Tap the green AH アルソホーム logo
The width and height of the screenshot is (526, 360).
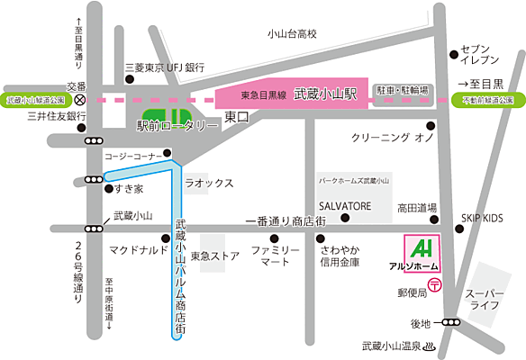(421, 248)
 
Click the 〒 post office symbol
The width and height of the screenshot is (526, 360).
(434, 284)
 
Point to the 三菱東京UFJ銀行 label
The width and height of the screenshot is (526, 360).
(165, 67)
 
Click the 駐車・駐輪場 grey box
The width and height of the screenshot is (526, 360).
(403, 92)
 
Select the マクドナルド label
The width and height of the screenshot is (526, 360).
(134, 246)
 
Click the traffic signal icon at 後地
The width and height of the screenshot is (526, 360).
(448, 321)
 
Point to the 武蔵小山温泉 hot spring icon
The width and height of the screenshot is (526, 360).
(429, 345)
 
